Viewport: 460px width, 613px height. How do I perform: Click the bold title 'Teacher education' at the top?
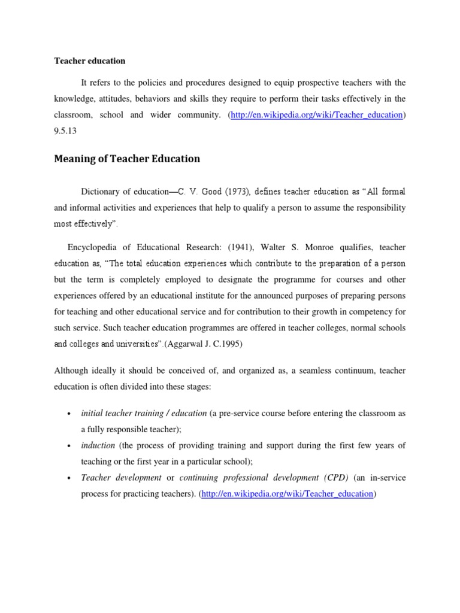coord(90,61)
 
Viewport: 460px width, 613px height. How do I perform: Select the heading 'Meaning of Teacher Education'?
coord(127,159)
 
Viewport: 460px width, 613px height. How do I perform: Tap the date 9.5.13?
coord(66,131)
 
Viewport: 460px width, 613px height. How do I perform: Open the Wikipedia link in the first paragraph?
coord(316,115)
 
